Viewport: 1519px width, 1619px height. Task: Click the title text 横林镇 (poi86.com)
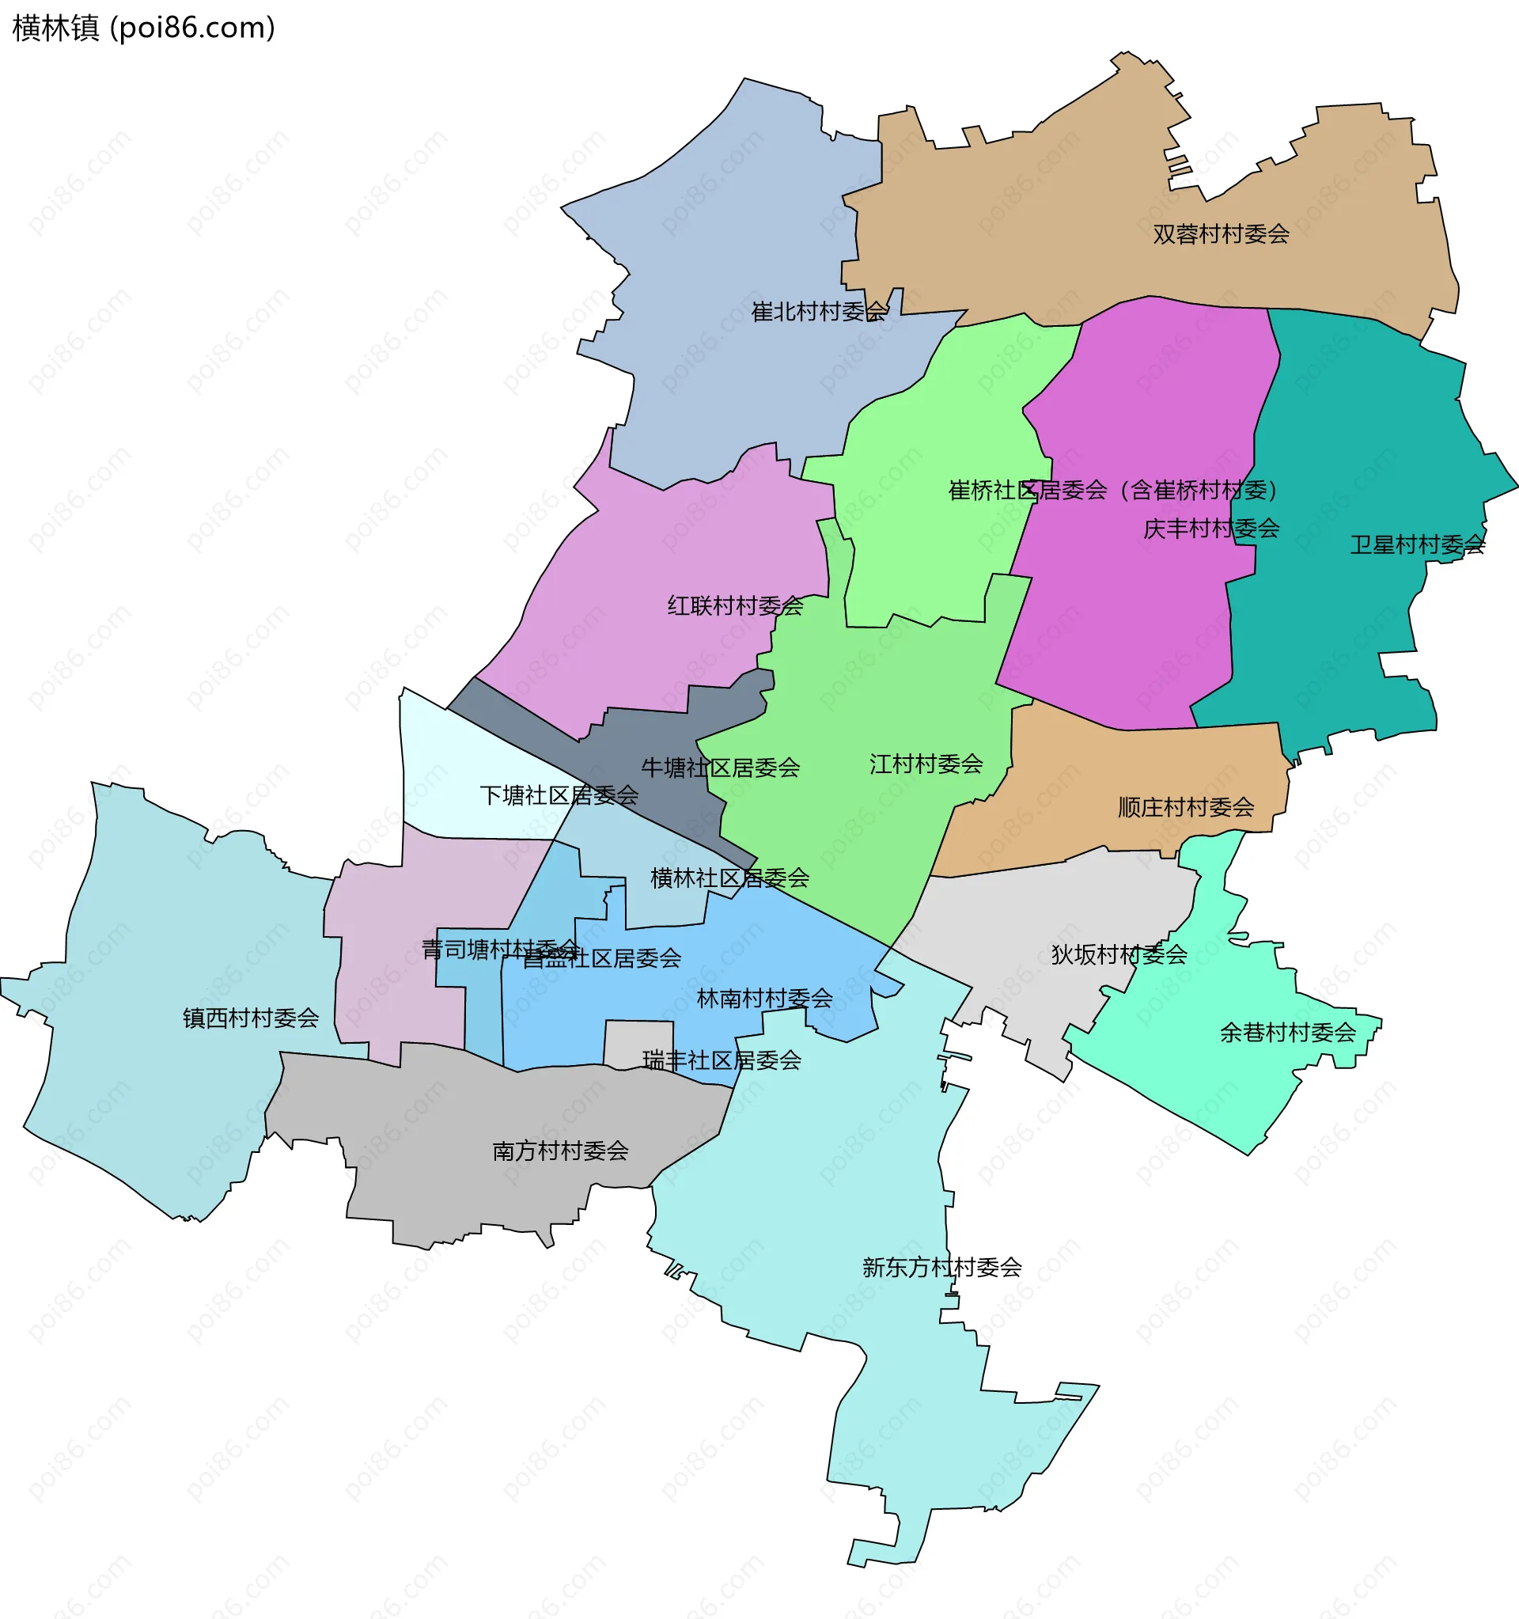click(x=144, y=28)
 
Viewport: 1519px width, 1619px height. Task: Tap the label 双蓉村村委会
click(x=1220, y=234)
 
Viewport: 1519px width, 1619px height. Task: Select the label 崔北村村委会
click(x=819, y=312)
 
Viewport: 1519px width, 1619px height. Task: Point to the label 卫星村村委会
click(x=1417, y=545)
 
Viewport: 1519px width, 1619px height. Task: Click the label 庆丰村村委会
click(x=1210, y=529)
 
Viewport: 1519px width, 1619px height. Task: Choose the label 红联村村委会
click(x=735, y=606)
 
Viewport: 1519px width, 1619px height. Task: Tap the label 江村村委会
click(x=926, y=764)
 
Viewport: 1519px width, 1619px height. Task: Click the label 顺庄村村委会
click(x=1185, y=808)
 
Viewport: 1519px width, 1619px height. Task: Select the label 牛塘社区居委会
click(x=720, y=768)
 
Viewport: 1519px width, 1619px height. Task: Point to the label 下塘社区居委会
click(x=559, y=796)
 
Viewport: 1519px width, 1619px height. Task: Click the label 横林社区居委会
click(x=729, y=878)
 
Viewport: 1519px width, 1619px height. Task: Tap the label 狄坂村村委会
click(x=1119, y=954)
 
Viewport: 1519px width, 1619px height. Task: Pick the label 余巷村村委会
click(x=1287, y=1033)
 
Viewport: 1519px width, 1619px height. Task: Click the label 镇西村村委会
click(x=250, y=1018)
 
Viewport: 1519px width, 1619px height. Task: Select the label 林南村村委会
click(x=764, y=999)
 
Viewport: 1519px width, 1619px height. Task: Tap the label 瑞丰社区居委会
click(x=722, y=1060)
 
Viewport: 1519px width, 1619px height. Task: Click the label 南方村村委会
click(x=560, y=1151)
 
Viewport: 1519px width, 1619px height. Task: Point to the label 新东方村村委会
click(x=941, y=1267)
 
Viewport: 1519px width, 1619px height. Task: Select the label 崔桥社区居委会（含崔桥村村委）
click(x=1113, y=491)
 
